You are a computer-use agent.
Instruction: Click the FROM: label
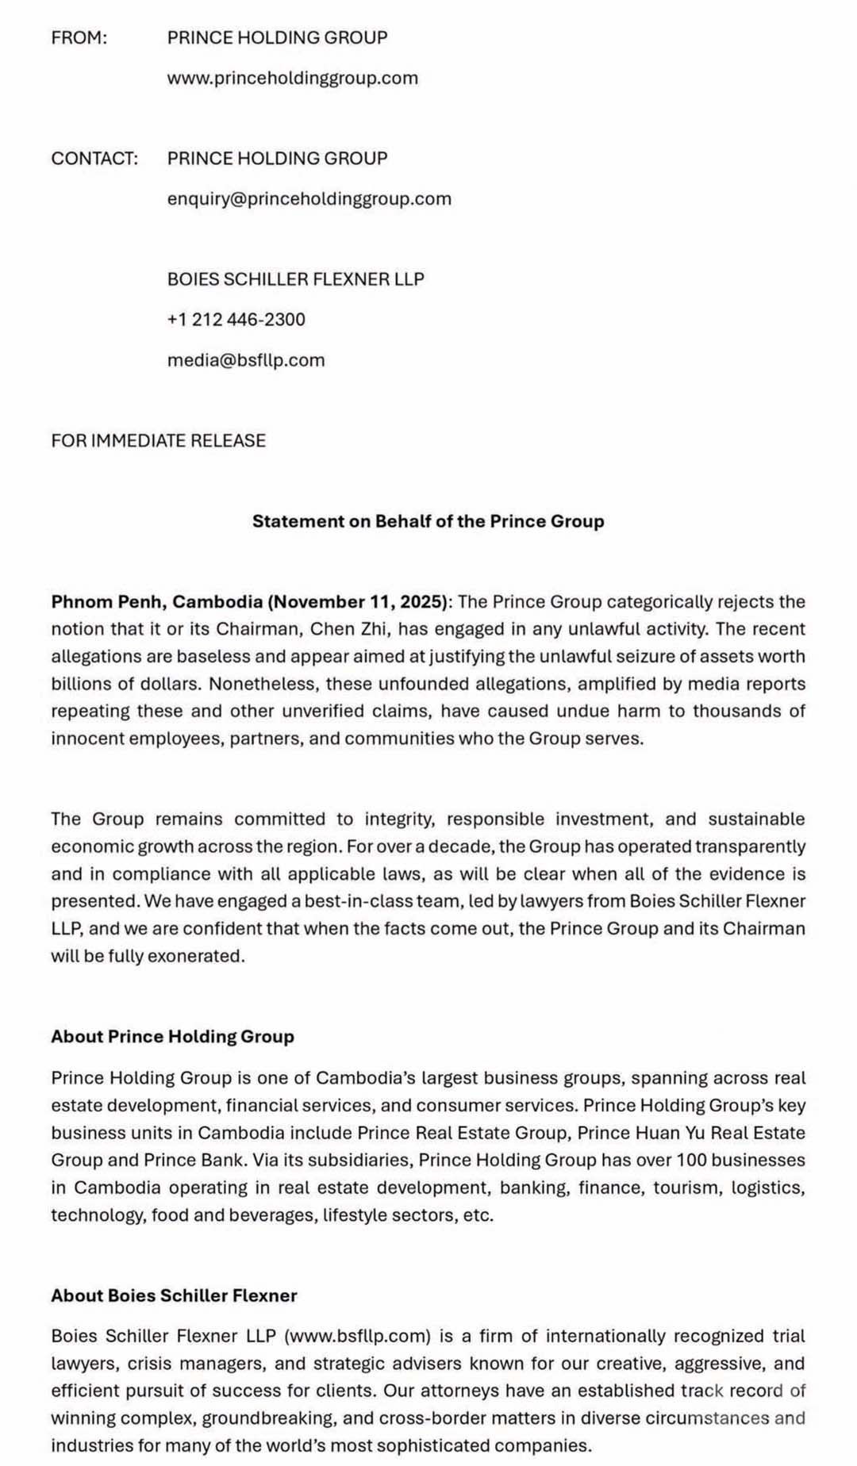tap(79, 37)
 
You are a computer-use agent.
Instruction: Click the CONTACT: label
tap(94, 158)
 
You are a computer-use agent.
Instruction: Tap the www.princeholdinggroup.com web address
tap(292, 78)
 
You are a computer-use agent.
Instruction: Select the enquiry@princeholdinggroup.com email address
tap(309, 198)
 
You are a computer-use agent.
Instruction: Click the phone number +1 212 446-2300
tap(236, 319)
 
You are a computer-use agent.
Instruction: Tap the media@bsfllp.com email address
tap(245, 360)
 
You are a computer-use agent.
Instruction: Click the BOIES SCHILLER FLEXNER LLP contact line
tap(295, 278)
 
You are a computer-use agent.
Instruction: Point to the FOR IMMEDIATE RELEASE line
tap(158, 440)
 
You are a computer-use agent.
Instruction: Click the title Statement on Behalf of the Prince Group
tap(428, 521)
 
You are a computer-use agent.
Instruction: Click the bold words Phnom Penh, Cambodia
tap(156, 602)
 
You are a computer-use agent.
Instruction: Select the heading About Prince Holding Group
tap(172, 1037)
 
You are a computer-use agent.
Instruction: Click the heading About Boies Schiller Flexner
tap(174, 1295)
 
